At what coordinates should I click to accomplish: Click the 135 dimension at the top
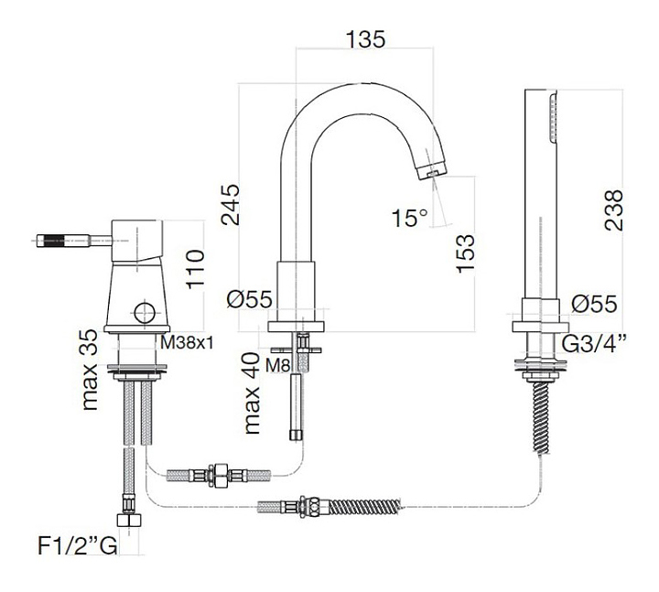[365, 39]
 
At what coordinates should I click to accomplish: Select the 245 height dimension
[231, 205]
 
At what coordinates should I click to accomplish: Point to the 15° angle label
[409, 218]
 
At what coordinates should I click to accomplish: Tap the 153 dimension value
[465, 253]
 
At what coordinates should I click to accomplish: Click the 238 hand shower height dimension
[613, 210]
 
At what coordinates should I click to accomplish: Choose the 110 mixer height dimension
[195, 269]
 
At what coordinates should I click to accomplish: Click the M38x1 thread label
[187, 343]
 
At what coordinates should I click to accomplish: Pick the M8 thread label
[277, 365]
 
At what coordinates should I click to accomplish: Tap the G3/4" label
[592, 345]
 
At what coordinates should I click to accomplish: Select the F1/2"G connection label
[78, 546]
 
